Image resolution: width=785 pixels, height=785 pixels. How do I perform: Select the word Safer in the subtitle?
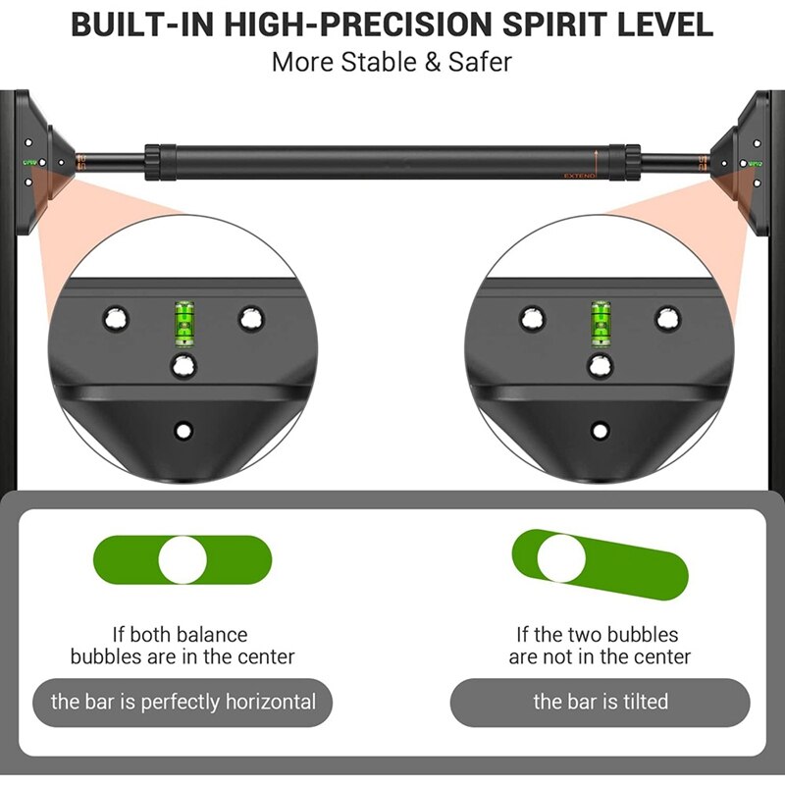click(x=480, y=62)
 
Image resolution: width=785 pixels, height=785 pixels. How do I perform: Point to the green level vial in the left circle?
click(x=183, y=324)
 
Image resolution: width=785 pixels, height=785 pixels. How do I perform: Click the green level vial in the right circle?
click(x=601, y=324)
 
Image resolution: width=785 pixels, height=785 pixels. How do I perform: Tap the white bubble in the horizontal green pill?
click(x=183, y=559)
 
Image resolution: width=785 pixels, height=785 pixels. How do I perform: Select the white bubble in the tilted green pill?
click(x=561, y=558)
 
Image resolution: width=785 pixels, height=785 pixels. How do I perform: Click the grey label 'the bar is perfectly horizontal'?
click(x=183, y=702)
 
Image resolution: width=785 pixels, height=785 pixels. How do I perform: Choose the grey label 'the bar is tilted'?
click(x=601, y=702)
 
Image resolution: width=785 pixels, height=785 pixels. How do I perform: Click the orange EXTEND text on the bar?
click(x=579, y=176)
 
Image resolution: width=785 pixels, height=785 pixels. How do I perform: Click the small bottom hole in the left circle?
click(x=183, y=431)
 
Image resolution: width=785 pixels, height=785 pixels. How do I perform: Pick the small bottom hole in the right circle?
click(x=600, y=431)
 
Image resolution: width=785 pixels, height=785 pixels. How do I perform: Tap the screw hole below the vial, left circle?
click(x=183, y=366)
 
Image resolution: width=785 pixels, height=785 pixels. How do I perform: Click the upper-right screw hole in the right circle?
click(x=668, y=318)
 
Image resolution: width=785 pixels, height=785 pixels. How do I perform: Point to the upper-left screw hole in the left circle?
click(x=116, y=318)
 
